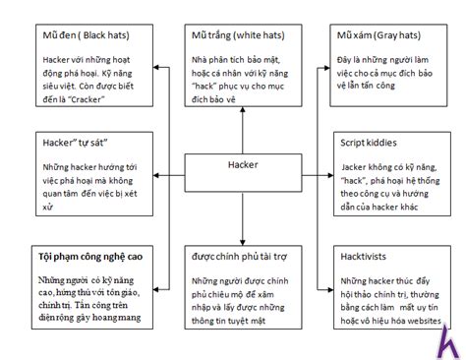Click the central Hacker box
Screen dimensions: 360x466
point(243,164)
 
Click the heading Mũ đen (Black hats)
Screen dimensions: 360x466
point(86,36)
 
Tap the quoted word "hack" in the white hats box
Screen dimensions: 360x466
point(209,88)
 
